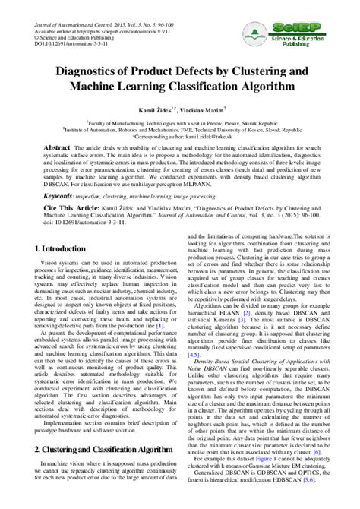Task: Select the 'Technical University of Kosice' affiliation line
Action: click(180, 128)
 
